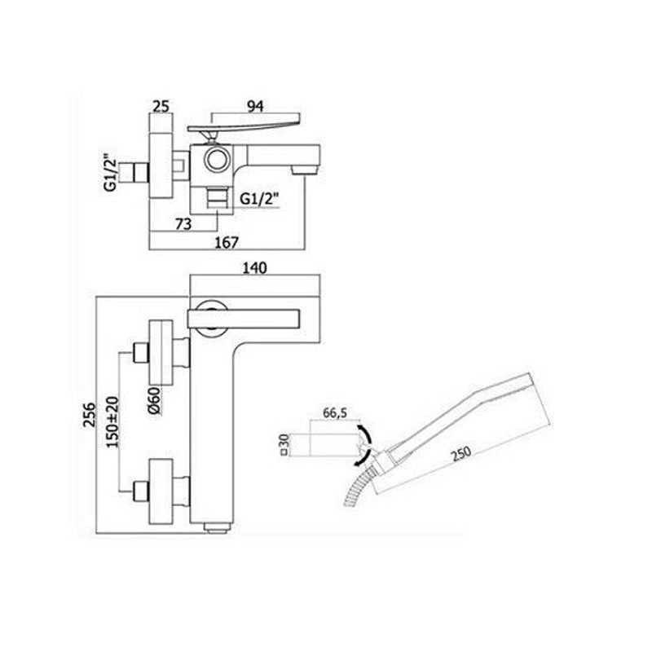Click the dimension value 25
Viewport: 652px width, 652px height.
click(x=161, y=107)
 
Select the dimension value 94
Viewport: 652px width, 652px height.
click(x=255, y=107)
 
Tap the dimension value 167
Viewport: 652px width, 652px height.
click(x=227, y=242)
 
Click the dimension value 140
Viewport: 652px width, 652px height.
click(x=254, y=268)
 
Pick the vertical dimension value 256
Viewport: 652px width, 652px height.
click(x=90, y=414)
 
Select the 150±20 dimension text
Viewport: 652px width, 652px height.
click(x=112, y=421)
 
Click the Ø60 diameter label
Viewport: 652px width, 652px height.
click(x=153, y=400)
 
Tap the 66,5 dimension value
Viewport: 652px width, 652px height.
click(x=335, y=413)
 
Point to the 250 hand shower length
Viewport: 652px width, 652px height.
click(x=460, y=452)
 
